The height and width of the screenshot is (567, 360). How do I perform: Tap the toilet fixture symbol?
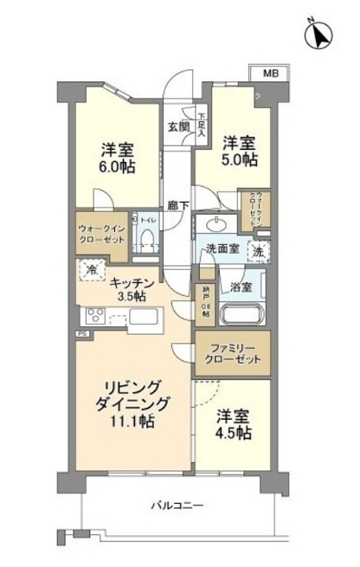point(148,236)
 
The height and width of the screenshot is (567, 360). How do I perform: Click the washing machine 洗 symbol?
point(257,250)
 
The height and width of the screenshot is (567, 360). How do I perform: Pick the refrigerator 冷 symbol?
point(92,269)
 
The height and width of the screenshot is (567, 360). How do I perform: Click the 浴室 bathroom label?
point(241,287)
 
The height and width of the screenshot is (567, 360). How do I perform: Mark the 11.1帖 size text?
point(132,422)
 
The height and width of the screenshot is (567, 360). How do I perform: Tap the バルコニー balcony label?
point(177,505)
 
